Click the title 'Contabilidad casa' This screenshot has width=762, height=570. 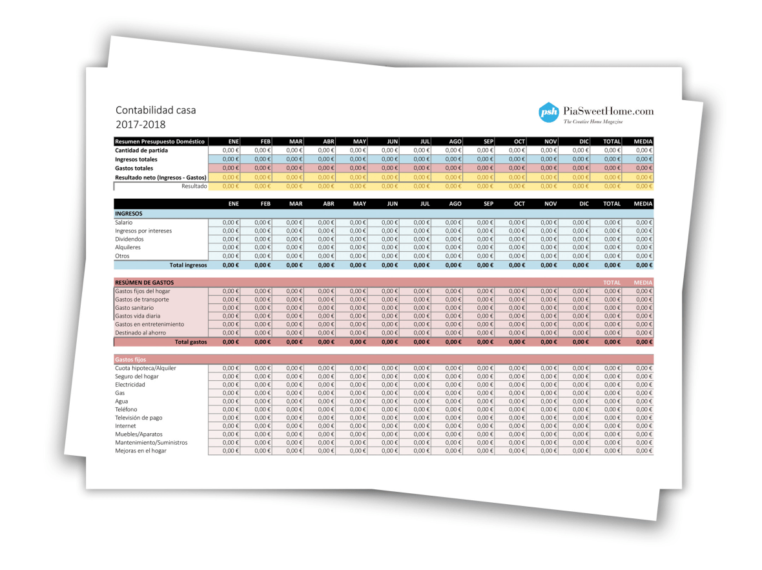click(x=156, y=110)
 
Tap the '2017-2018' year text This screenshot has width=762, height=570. click(x=141, y=125)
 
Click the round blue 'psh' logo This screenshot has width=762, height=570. click(x=549, y=113)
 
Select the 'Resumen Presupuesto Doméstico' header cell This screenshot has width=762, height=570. click(x=160, y=141)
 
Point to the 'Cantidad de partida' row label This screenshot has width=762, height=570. click(x=141, y=150)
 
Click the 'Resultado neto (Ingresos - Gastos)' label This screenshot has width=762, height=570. click(x=160, y=177)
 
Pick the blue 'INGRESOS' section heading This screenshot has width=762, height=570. click(x=129, y=213)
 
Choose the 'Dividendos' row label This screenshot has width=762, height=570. click(x=129, y=239)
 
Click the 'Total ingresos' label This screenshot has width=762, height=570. click(x=188, y=265)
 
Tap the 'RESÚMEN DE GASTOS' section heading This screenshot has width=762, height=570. click(x=144, y=282)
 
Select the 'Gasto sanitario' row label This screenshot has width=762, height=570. click(x=134, y=308)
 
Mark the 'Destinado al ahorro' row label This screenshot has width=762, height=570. click(x=140, y=333)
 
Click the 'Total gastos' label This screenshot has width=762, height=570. click(x=191, y=341)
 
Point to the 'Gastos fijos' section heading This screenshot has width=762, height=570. click(x=130, y=359)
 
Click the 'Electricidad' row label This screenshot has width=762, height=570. click(x=130, y=385)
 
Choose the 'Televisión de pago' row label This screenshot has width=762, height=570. click(x=139, y=418)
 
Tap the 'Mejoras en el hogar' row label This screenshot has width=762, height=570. click(x=140, y=451)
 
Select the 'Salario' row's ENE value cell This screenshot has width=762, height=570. click(x=224, y=222)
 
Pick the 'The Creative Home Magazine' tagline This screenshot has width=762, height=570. click(x=597, y=122)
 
